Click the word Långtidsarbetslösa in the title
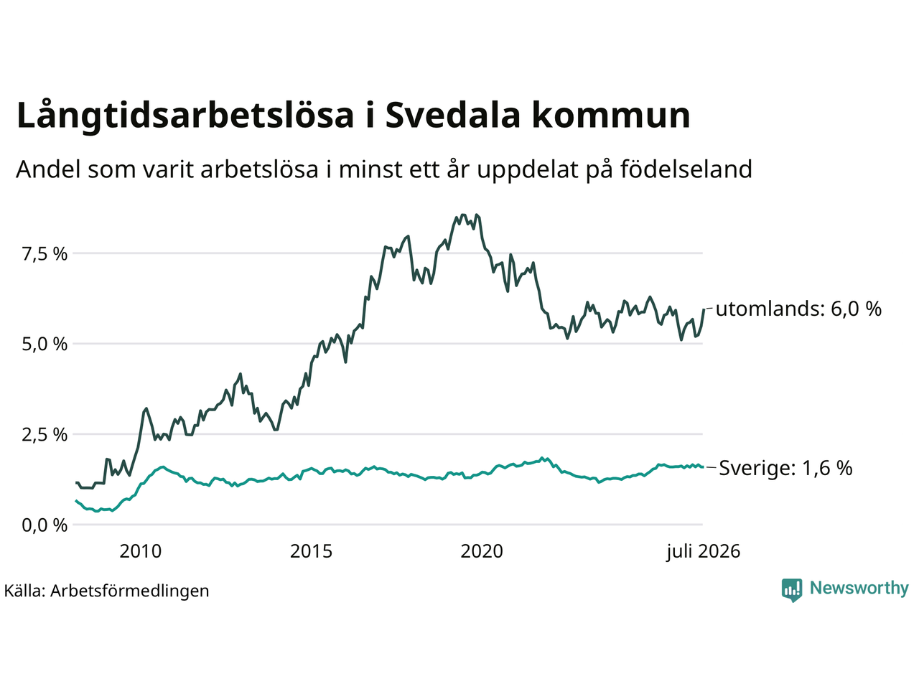(185, 116)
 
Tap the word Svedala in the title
(452, 114)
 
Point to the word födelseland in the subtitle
(686, 169)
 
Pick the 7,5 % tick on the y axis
(45, 254)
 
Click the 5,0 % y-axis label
(45, 344)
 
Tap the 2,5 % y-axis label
(45, 435)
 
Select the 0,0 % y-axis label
(45, 525)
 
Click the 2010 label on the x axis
(141, 551)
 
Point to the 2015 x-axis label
(311, 551)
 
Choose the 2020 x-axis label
(482, 551)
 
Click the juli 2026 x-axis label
(704, 552)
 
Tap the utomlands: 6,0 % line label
(798, 309)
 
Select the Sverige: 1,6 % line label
(785, 468)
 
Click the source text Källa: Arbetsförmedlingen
(107, 591)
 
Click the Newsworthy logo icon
(792, 590)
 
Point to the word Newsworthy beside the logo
(859, 589)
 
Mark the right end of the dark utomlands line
(704, 309)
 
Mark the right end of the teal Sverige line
(703, 467)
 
